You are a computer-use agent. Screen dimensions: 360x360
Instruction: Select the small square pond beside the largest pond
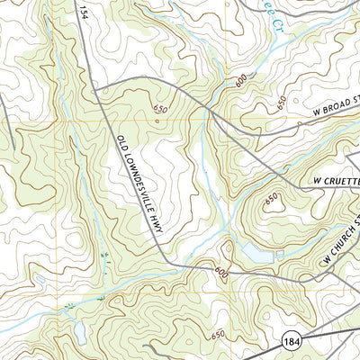[x=280, y=255]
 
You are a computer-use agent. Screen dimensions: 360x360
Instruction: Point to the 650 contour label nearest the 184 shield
[x=216, y=334]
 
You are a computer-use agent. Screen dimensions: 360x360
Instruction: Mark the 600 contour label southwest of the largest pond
[x=221, y=271]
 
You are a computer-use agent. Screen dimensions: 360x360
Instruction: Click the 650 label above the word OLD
[x=159, y=109]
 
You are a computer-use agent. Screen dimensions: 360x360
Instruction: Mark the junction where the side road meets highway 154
[x=96, y=91]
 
